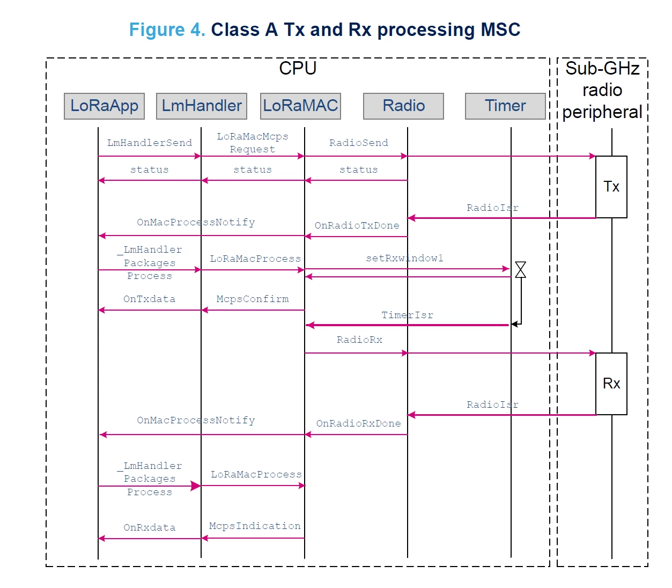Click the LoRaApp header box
click(104, 106)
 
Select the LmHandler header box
click(201, 106)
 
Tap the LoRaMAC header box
click(300, 106)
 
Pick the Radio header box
click(403, 106)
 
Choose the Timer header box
click(505, 106)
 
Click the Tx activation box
click(611, 187)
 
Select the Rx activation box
click(611, 384)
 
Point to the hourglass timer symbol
click(520, 270)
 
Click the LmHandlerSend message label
click(150, 143)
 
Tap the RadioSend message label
click(359, 143)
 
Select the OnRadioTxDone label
click(357, 226)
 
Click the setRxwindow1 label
click(404, 258)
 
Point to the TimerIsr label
click(407, 315)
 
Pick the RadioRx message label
click(359, 340)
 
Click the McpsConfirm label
click(252, 299)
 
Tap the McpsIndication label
click(255, 526)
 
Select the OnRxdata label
click(150, 527)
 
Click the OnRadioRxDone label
click(359, 423)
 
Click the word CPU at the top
click(298, 68)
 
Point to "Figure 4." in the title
click(167, 30)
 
